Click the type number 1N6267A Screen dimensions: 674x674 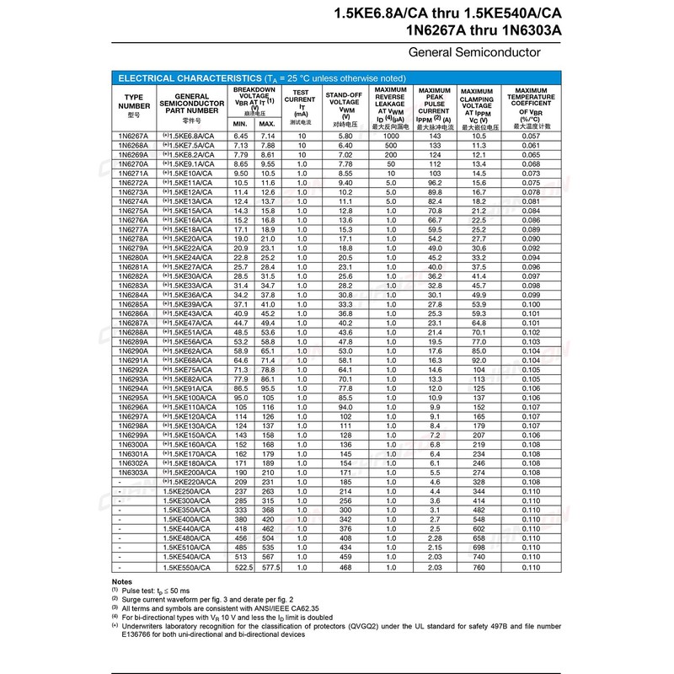tap(134, 136)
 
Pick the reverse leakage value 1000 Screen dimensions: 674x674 tap(390, 136)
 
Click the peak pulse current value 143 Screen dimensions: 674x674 tap(435, 136)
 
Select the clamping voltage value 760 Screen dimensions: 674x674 tap(479, 568)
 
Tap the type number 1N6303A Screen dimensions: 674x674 tap(134, 473)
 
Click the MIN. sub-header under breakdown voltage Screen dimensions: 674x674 tap(240, 125)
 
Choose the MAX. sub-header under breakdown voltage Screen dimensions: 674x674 tap(268, 125)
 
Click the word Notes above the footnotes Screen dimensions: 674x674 tap(121, 582)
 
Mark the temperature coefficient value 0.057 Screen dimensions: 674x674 tap(530, 136)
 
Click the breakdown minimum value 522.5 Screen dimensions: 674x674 tap(240, 568)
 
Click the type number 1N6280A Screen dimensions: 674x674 tap(134, 258)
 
